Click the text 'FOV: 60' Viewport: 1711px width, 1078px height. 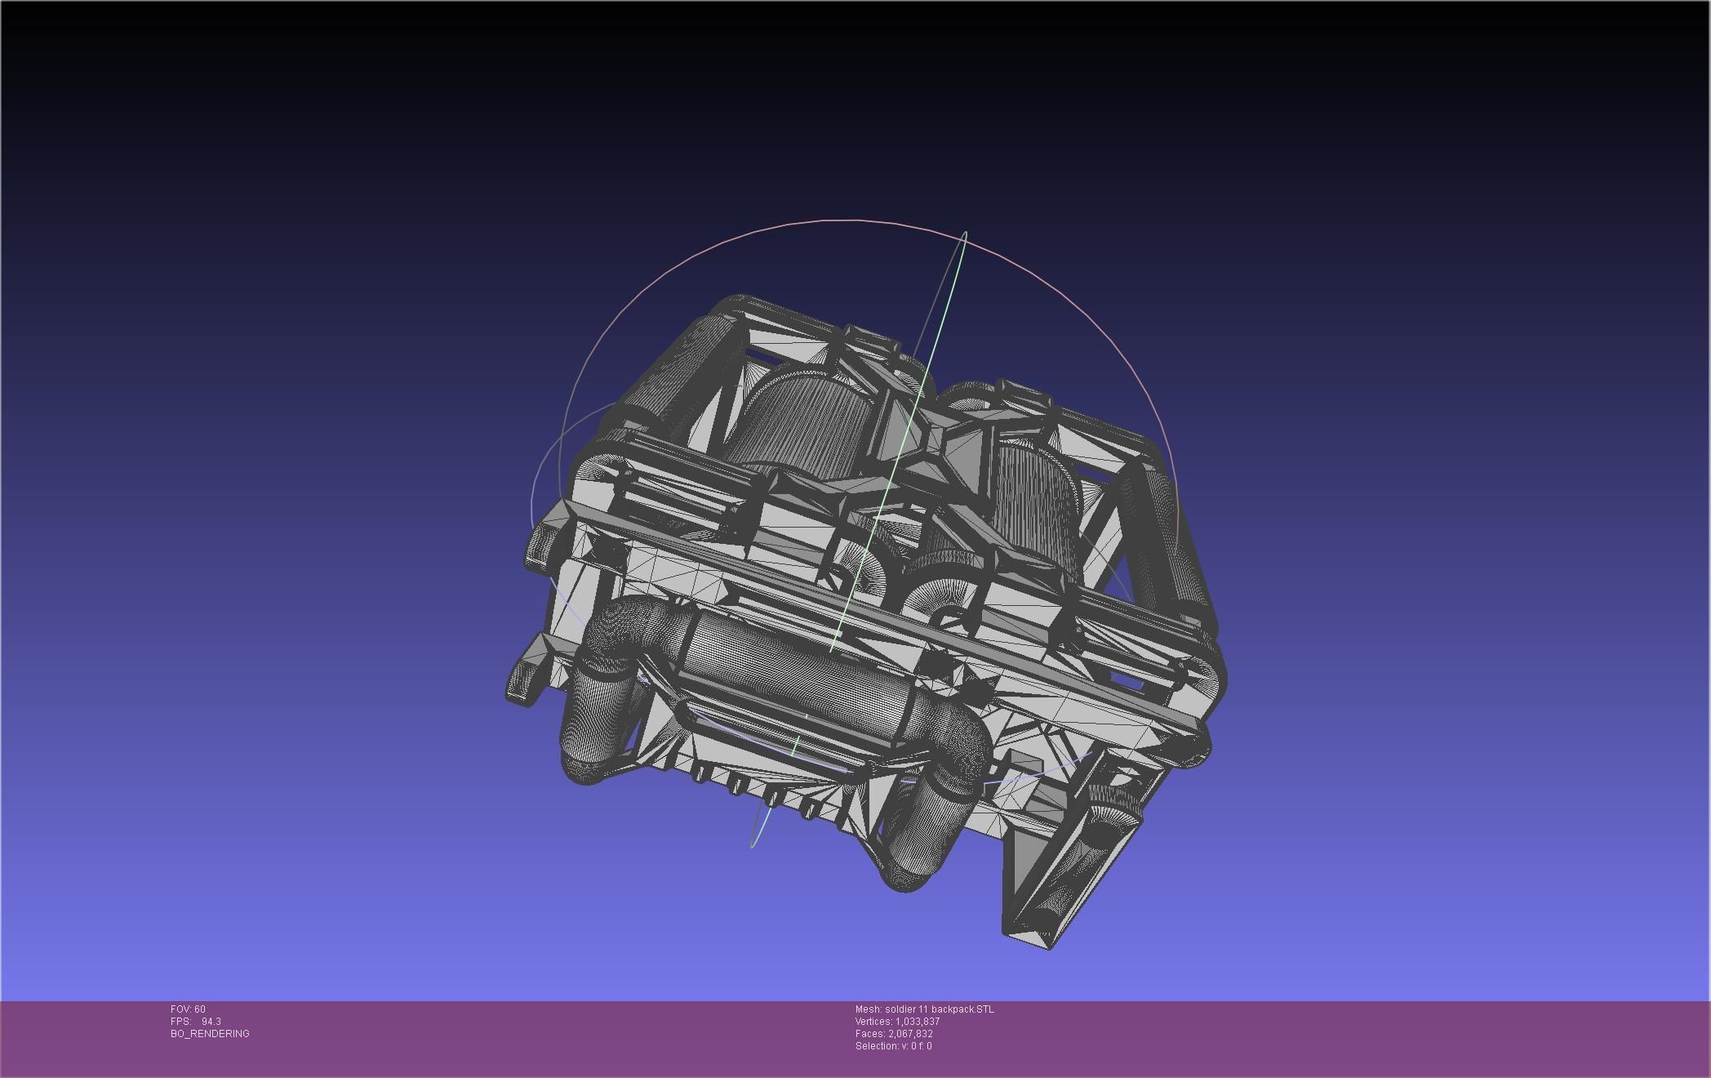188,1009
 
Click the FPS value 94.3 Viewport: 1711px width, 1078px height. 211,1022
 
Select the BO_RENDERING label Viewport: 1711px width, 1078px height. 210,1034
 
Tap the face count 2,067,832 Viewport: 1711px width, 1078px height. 910,1034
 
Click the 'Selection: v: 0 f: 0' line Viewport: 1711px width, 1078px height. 893,1046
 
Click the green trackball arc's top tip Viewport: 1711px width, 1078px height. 966,234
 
